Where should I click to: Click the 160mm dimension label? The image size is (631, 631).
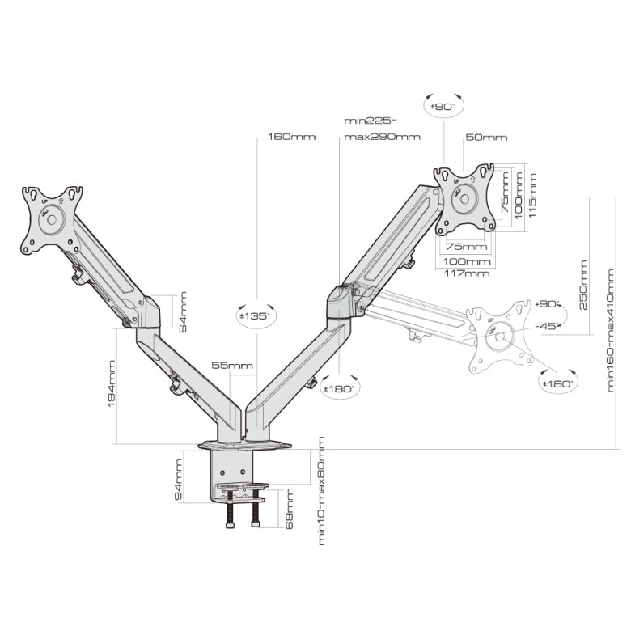tap(292, 137)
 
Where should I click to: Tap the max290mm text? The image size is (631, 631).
tap(383, 137)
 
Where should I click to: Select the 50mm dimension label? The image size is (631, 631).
tap(486, 138)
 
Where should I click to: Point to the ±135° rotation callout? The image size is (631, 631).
tap(256, 315)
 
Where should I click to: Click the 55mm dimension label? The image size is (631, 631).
tap(233, 366)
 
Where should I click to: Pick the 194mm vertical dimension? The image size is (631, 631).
tap(112, 383)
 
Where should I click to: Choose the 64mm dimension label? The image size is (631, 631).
tap(183, 312)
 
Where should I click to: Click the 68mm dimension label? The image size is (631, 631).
tap(289, 509)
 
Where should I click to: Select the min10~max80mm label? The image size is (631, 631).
tap(321, 491)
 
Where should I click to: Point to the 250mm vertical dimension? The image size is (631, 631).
tap(582, 285)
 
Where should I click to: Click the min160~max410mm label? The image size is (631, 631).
tap(611, 330)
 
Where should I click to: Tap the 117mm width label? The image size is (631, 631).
tap(467, 273)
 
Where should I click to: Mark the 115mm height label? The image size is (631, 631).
tap(533, 196)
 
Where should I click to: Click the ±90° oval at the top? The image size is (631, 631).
tap(444, 107)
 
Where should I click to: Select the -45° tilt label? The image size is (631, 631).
tap(548, 326)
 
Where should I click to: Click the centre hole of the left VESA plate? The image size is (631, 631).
tap(52, 219)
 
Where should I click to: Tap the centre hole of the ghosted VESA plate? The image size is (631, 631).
tap(500, 337)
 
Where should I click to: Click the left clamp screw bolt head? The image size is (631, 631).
tap(231, 525)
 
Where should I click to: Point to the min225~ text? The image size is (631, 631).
tap(371, 121)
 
